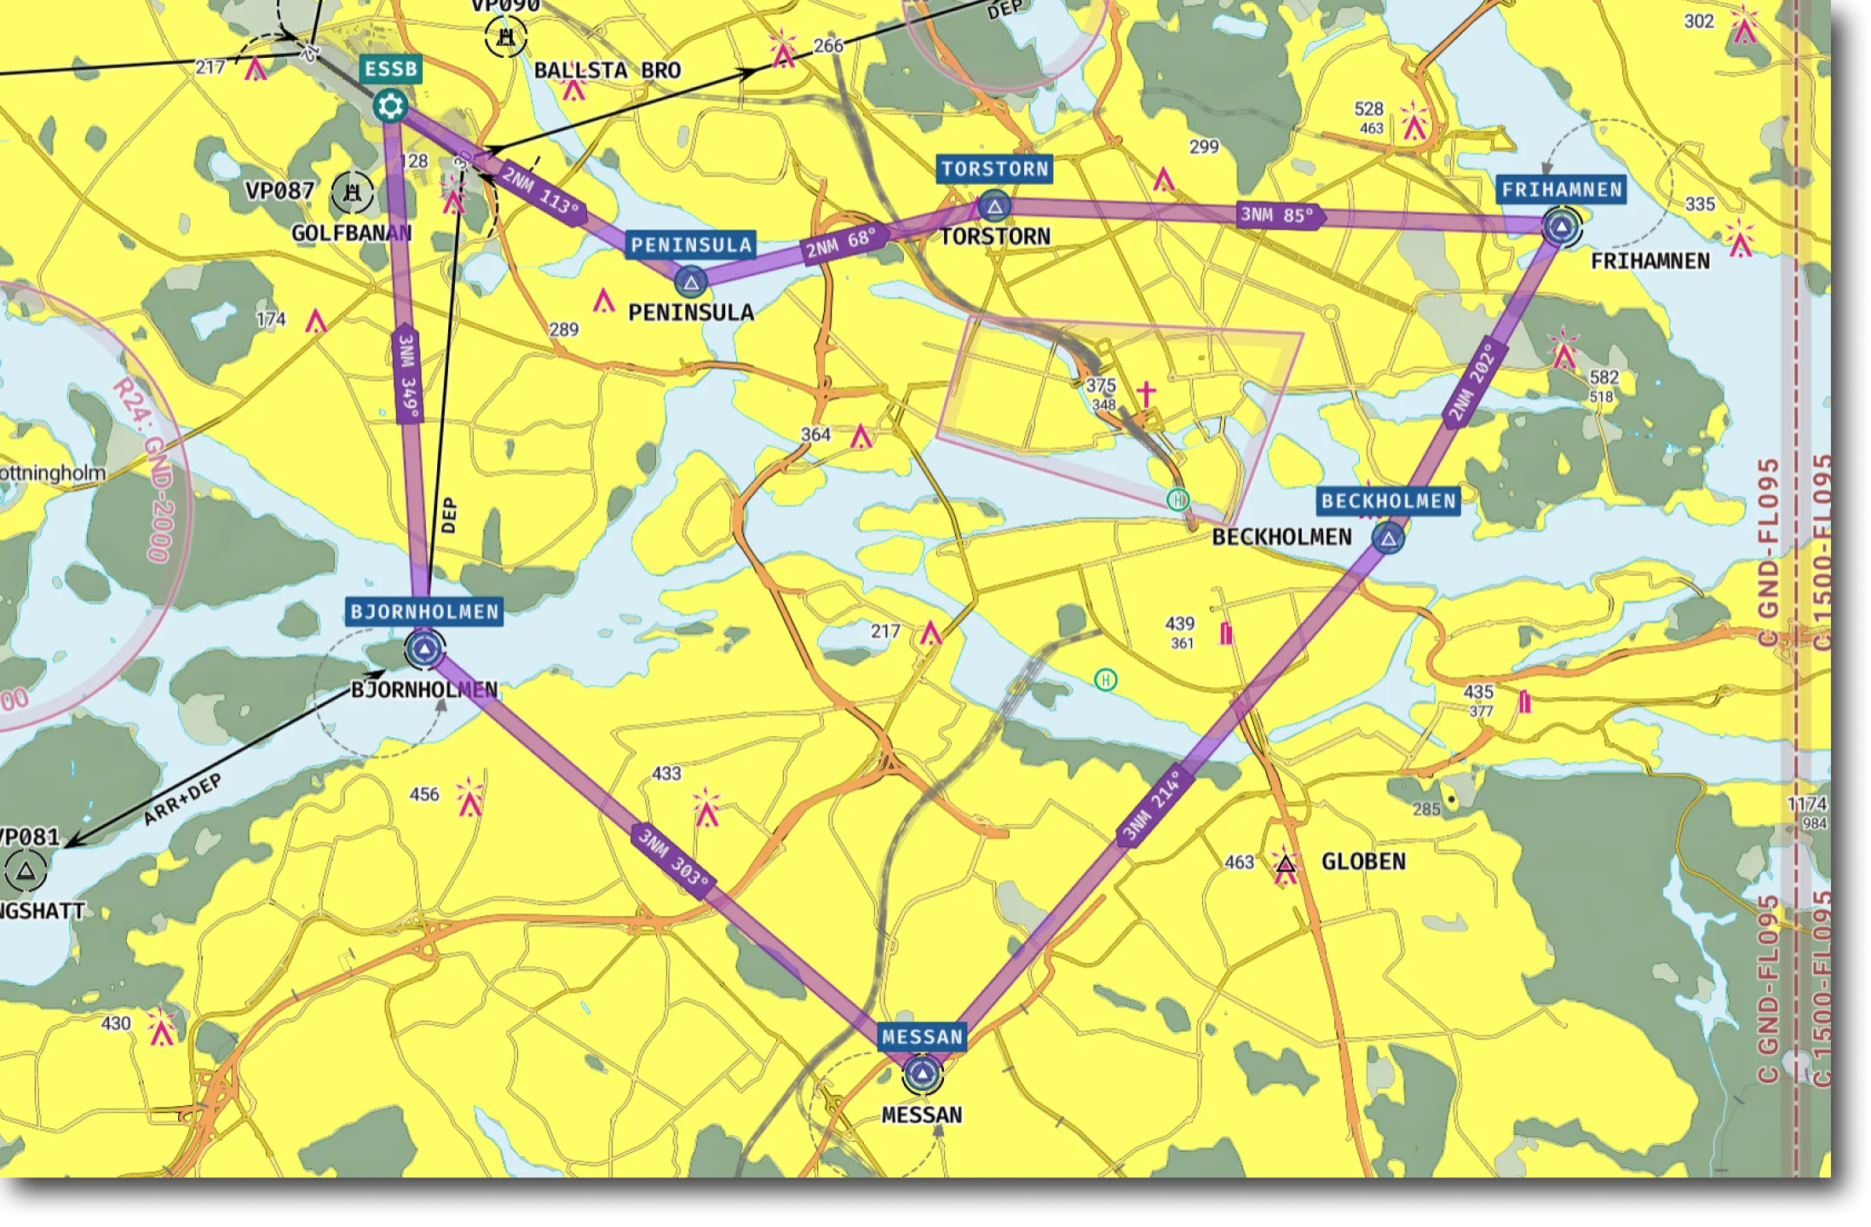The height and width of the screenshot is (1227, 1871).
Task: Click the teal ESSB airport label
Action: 391,69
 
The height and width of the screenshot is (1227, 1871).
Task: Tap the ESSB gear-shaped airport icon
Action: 390,107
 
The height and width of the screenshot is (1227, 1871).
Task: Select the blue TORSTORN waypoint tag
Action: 994,169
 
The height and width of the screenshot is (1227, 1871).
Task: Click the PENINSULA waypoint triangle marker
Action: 691,282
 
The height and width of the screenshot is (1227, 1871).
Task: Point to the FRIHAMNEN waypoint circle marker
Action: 1561,227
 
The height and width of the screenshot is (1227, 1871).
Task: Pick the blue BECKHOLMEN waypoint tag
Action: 1389,501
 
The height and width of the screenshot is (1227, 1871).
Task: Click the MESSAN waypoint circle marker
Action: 922,1074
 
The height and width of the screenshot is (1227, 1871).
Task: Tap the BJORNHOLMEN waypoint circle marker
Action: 424,650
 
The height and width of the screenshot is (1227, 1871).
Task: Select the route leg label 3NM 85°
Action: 1278,215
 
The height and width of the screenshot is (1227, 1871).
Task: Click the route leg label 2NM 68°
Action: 841,244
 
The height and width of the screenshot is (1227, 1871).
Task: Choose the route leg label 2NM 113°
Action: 541,192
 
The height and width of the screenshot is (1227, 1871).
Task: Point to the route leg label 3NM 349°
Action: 408,375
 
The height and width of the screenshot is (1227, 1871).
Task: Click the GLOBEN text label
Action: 1363,861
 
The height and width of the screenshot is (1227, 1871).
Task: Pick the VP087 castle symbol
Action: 352,192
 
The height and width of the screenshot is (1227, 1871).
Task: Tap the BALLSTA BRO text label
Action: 607,71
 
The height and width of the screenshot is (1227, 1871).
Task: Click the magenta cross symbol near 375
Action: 1146,394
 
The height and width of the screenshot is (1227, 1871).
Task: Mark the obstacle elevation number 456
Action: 424,794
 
